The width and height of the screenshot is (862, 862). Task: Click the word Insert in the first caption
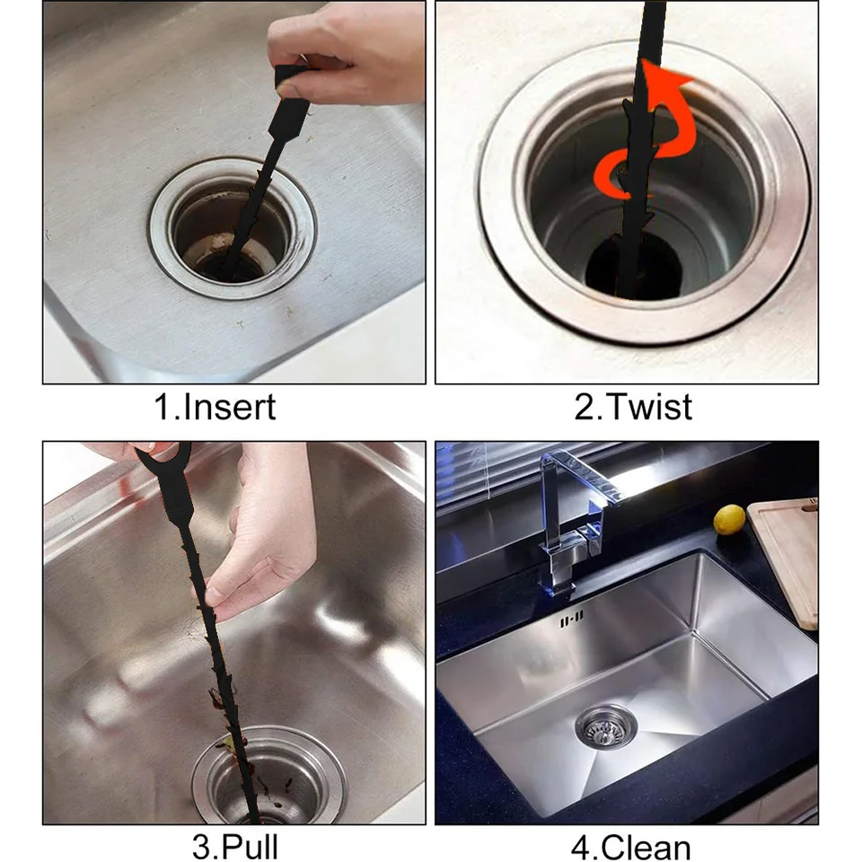point(229,407)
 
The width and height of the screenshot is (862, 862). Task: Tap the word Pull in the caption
point(251,847)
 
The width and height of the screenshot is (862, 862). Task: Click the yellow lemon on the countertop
point(729,520)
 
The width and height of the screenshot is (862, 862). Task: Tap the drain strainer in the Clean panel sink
point(605,726)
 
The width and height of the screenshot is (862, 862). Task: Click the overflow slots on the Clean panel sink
point(571,620)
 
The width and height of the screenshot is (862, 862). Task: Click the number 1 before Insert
point(163,407)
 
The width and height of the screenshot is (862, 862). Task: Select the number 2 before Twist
point(583,407)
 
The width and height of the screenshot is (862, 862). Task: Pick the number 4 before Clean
point(581,847)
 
